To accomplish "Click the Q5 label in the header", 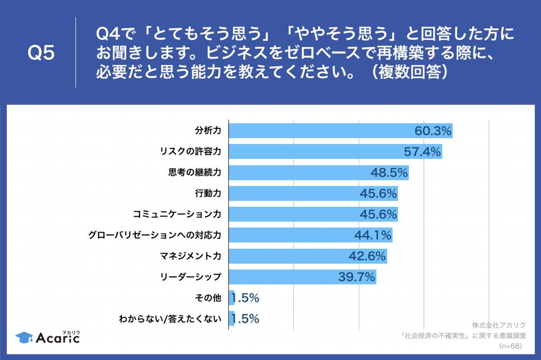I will (41, 53).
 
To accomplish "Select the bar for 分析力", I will (323, 131).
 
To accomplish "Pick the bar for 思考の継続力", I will (300, 173).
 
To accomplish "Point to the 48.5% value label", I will (389, 173).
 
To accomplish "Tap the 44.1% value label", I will (373, 235).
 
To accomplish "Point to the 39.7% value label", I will (356, 277).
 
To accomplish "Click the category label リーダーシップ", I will (191, 277).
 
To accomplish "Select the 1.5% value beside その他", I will (245, 298).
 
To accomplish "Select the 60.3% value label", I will (433, 131).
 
